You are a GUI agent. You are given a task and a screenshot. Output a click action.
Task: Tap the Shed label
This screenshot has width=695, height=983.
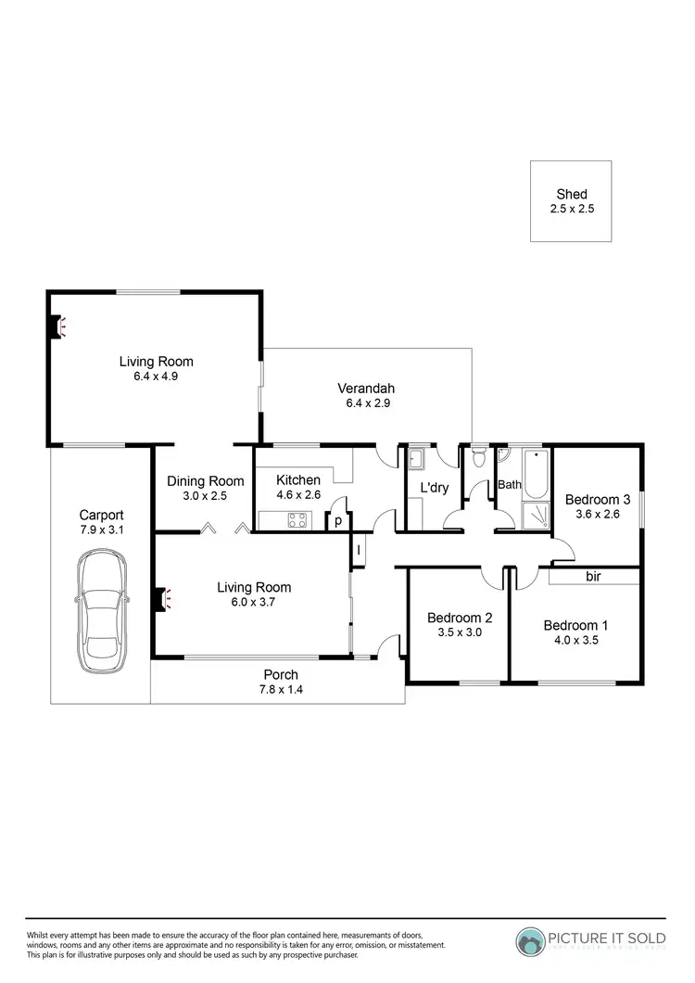pyautogui.click(x=572, y=195)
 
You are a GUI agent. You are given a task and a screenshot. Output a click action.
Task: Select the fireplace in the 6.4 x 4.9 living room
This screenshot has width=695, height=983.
pyautogui.click(x=57, y=326)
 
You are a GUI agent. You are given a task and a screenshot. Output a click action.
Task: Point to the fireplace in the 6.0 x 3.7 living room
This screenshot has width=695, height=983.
pyautogui.click(x=162, y=600)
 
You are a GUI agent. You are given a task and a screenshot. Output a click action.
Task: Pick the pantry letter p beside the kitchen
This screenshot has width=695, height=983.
pyautogui.click(x=338, y=521)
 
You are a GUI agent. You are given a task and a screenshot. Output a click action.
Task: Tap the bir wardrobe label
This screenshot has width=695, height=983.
pyautogui.click(x=593, y=577)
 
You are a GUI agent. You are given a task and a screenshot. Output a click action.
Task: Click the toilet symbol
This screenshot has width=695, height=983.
pyautogui.click(x=478, y=457)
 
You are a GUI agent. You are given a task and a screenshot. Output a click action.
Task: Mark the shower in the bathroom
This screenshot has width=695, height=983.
pyautogui.click(x=535, y=516)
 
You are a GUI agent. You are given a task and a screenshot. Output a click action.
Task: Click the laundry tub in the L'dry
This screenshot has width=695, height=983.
pyautogui.click(x=416, y=457)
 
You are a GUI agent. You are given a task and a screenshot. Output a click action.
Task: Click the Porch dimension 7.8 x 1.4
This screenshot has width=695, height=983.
pyautogui.click(x=281, y=690)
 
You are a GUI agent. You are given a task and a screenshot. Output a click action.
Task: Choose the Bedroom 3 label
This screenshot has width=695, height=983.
pyautogui.click(x=598, y=500)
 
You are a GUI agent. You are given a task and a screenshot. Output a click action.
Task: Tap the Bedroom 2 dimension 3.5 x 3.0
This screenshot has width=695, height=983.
pyautogui.click(x=459, y=633)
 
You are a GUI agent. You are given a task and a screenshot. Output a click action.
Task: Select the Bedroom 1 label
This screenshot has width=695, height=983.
pyautogui.click(x=575, y=625)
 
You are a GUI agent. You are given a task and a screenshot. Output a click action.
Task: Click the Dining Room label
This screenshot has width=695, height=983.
pyautogui.click(x=205, y=480)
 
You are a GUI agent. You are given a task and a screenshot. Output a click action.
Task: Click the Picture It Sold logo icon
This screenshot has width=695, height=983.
pyautogui.click(x=532, y=941)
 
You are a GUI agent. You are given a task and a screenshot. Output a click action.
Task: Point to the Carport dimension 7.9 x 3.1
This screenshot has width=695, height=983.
pyautogui.click(x=101, y=530)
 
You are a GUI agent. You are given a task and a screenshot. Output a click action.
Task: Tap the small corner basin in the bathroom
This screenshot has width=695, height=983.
pyautogui.click(x=502, y=454)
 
